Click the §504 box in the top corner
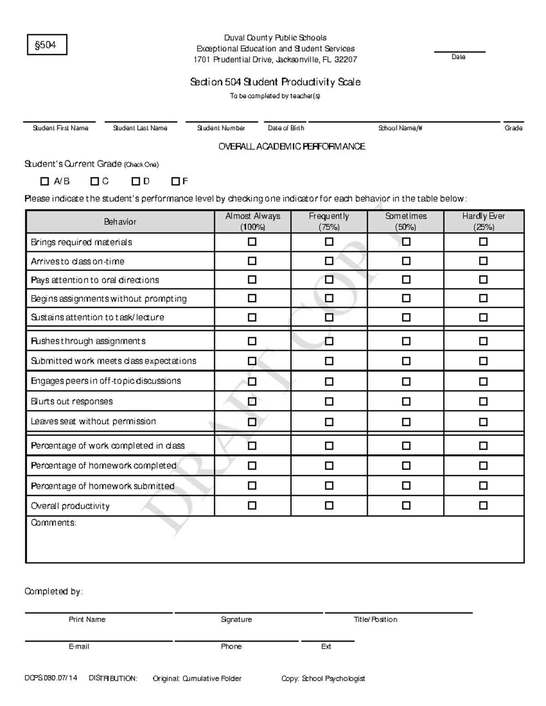click(47, 45)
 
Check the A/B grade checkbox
click(45, 181)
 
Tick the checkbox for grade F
click(176, 181)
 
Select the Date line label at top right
click(458, 57)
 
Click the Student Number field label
click(221, 128)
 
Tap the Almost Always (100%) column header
click(253, 221)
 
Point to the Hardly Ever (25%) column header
click(484, 221)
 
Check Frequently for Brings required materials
click(329, 242)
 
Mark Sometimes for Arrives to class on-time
click(406, 261)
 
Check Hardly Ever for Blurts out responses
click(483, 401)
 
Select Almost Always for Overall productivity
click(252, 506)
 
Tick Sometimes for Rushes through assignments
click(406, 341)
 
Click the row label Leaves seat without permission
click(93, 421)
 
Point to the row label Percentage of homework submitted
click(102, 486)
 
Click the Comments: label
click(54, 523)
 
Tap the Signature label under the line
click(236, 620)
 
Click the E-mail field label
click(79, 646)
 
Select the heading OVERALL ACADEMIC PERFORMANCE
click(292, 146)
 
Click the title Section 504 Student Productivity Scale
click(275, 82)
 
